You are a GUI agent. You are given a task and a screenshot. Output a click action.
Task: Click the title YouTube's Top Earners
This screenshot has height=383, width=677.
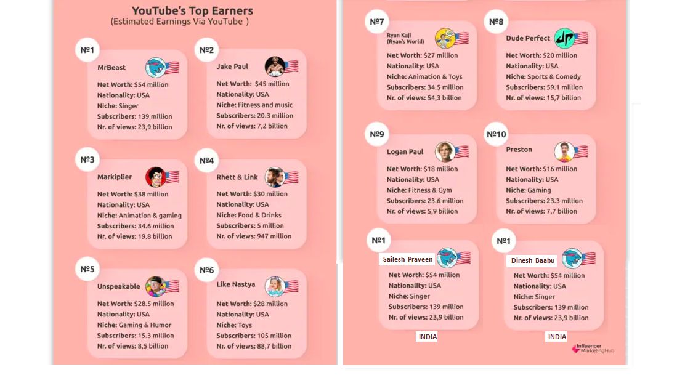pyautogui.click(x=192, y=10)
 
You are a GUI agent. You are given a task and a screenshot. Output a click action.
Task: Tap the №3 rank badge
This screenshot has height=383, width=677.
pyautogui.click(x=87, y=160)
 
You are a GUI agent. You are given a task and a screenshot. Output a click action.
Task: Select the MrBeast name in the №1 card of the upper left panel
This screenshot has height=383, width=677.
pyautogui.click(x=111, y=68)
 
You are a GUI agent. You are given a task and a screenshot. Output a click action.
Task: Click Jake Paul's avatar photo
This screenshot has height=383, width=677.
pyautogui.click(x=275, y=67)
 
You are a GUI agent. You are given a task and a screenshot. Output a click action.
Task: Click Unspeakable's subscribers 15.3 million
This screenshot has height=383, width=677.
pyautogui.click(x=136, y=336)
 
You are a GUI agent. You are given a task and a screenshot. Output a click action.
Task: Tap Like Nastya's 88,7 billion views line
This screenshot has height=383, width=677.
pyautogui.click(x=254, y=346)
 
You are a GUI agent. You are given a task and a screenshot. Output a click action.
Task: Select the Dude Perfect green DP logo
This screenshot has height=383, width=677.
pyautogui.click(x=564, y=39)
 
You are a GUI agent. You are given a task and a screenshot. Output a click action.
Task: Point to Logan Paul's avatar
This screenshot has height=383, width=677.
pyautogui.click(x=445, y=151)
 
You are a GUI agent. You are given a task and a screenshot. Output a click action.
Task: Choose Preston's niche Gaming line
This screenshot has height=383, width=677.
pyautogui.click(x=529, y=190)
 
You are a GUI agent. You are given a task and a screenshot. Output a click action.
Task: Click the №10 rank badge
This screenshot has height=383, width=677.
pyautogui.click(x=496, y=135)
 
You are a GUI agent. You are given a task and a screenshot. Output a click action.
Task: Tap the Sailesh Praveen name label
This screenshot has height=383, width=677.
pyautogui.click(x=408, y=259)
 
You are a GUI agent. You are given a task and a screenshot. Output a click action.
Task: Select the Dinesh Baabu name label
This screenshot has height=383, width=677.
pyautogui.click(x=533, y=260)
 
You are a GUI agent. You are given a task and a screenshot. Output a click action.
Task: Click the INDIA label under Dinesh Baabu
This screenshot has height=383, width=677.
pyautogui.click(x=557, y=337)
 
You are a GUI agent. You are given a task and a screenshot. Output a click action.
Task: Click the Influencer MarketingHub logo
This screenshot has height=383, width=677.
pyautogui.click(x=593, y=349)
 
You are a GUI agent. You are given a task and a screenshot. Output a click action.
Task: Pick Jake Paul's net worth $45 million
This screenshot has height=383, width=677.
pyautogui.click(x=253, y=84)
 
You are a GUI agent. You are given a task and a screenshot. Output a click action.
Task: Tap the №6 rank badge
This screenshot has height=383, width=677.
pyautogui.click(x=207, y=270)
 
